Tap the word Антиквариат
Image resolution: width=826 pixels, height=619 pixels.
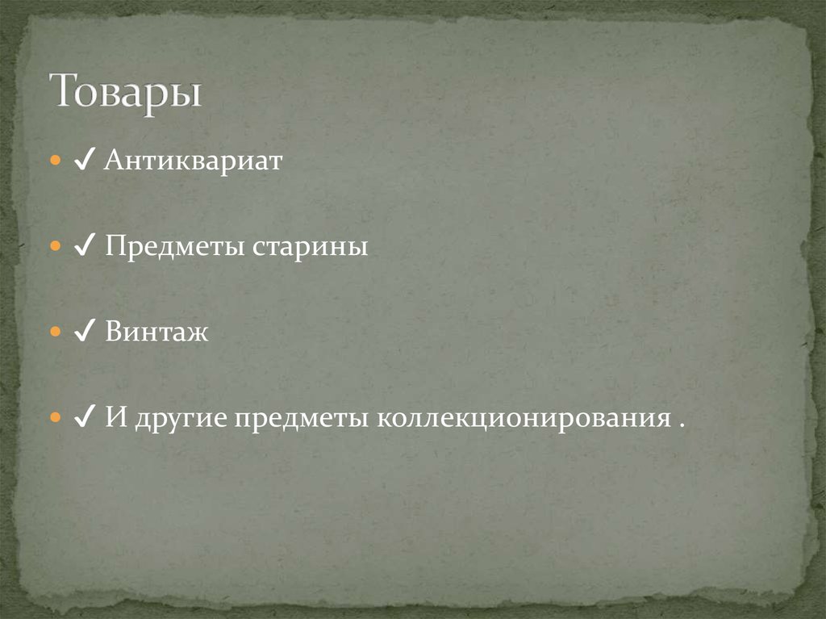coord(193,161)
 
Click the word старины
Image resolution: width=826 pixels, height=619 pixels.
coord(311,247)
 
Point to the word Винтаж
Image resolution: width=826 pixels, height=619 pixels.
coord(156,333)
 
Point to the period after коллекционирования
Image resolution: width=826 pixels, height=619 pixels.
coord(682,425)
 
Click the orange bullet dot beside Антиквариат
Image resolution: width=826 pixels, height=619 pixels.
coord(55,161)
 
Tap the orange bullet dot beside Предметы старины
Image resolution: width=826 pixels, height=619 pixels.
coord(55,247)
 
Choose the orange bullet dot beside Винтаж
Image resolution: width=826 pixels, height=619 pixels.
coord(55,333)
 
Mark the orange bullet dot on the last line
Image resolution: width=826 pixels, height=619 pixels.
coord(55,418)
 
